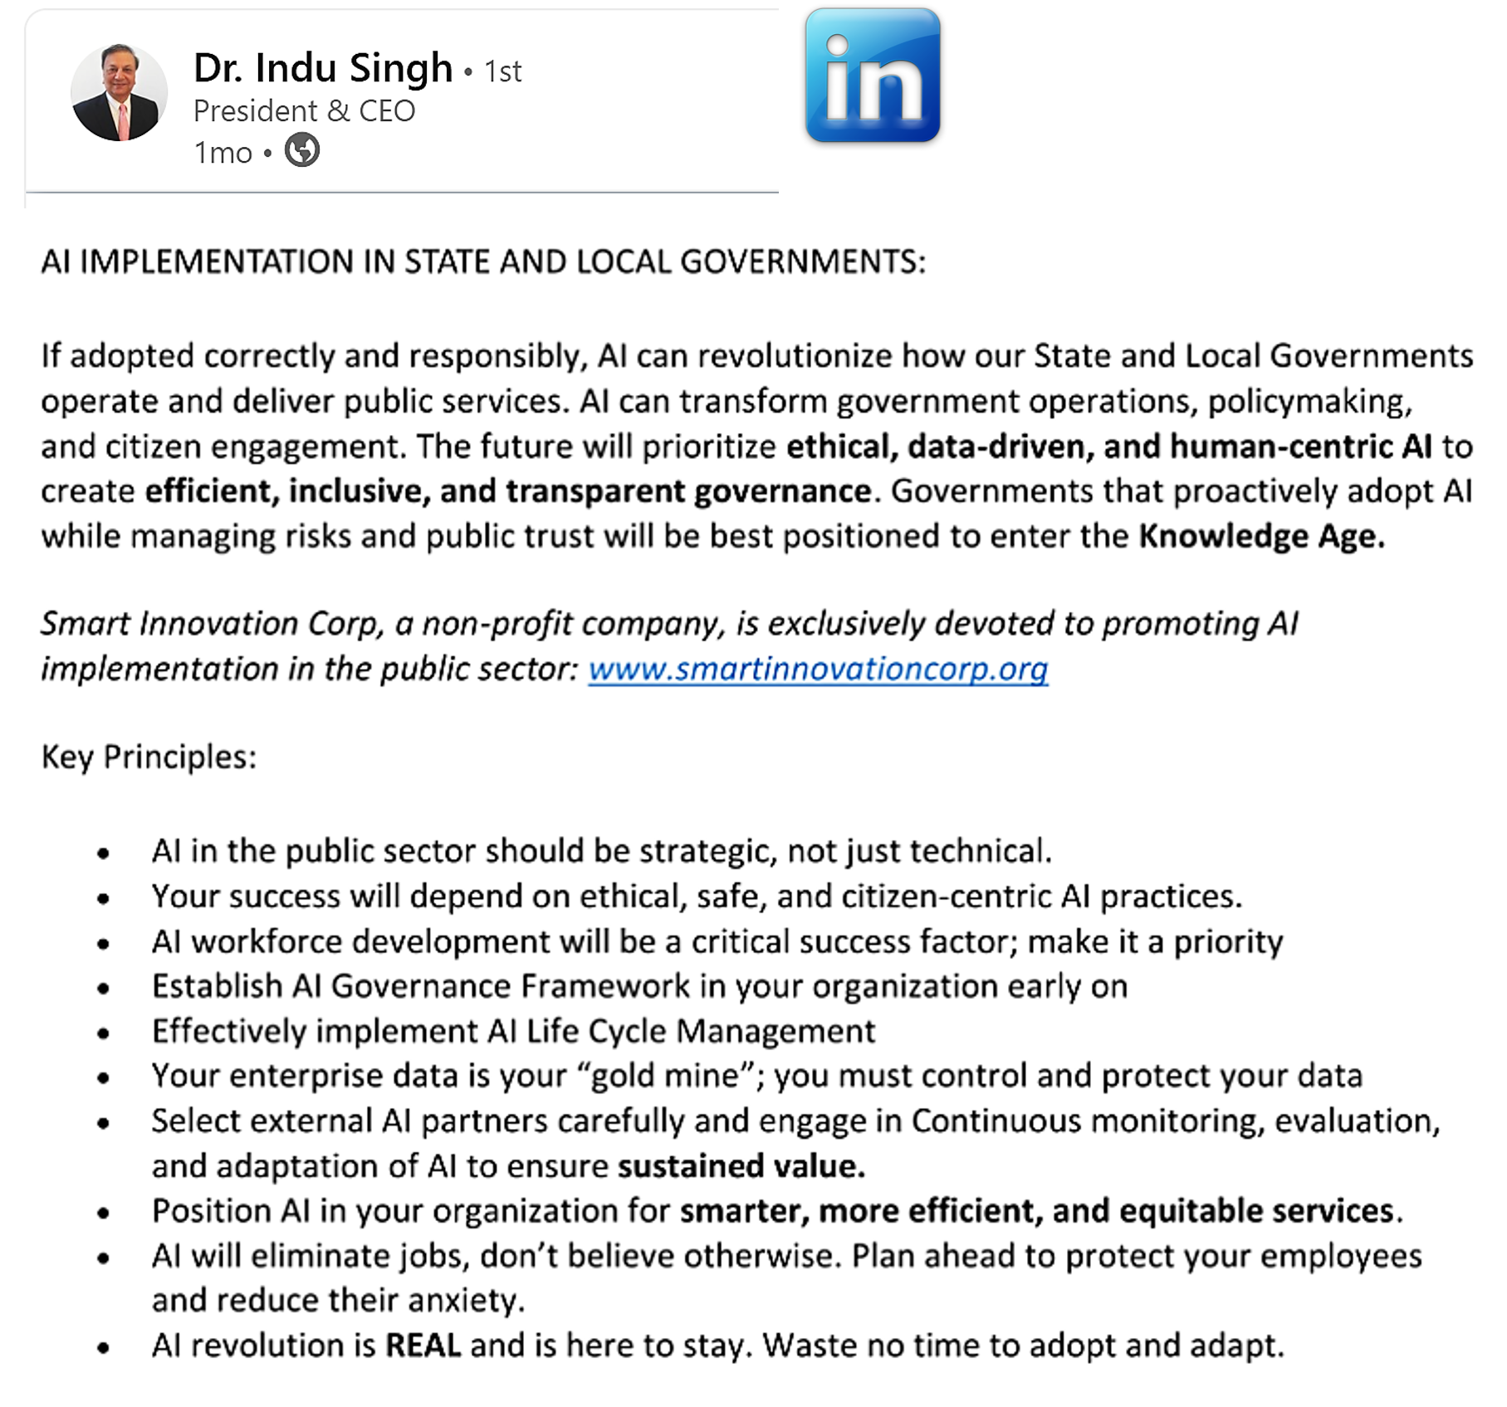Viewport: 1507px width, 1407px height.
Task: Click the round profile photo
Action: coord(119,92)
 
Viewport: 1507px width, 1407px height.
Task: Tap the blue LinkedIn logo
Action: coord(873,76)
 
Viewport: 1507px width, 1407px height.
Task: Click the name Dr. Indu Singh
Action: coord(323,68)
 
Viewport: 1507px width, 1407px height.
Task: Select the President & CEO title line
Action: coord(304,111)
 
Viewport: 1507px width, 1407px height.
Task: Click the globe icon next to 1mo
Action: coord(302,151)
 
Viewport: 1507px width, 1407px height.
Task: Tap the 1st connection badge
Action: coord(503,72)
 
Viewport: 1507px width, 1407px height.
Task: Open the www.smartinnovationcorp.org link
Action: coord(818,669)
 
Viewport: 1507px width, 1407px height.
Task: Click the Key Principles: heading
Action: coord(149,757)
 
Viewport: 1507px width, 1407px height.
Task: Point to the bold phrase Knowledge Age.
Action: coord(1260,536)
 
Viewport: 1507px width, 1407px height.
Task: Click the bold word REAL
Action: coord(423,1345)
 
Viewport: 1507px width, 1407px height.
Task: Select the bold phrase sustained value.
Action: coord(741,1166)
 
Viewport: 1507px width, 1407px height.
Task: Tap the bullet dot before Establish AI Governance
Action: coord(104,988)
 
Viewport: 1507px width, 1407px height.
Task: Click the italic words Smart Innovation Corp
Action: coord(212,624)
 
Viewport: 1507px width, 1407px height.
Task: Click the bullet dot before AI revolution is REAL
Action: coord(104,1347)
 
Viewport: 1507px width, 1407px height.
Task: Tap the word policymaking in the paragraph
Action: coord(1309,402)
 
